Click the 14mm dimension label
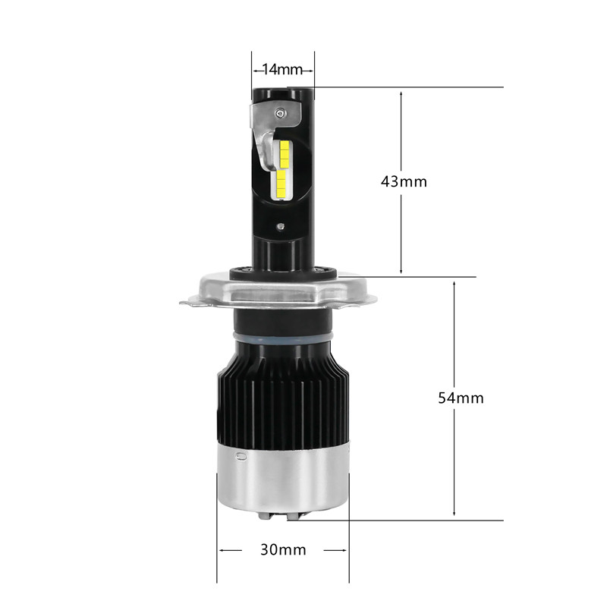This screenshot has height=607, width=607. click(x=282, y=70)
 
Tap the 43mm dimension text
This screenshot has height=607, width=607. click(x=404, y=181)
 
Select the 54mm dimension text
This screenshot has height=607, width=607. click(x=461, y=398)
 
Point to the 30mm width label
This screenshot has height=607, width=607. click(x=283, y=549)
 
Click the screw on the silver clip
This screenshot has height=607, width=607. click(x=279, y=112)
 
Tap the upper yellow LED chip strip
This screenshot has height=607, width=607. click(x=284, y=153)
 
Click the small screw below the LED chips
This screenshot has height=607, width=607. click(x=281, y=227)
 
